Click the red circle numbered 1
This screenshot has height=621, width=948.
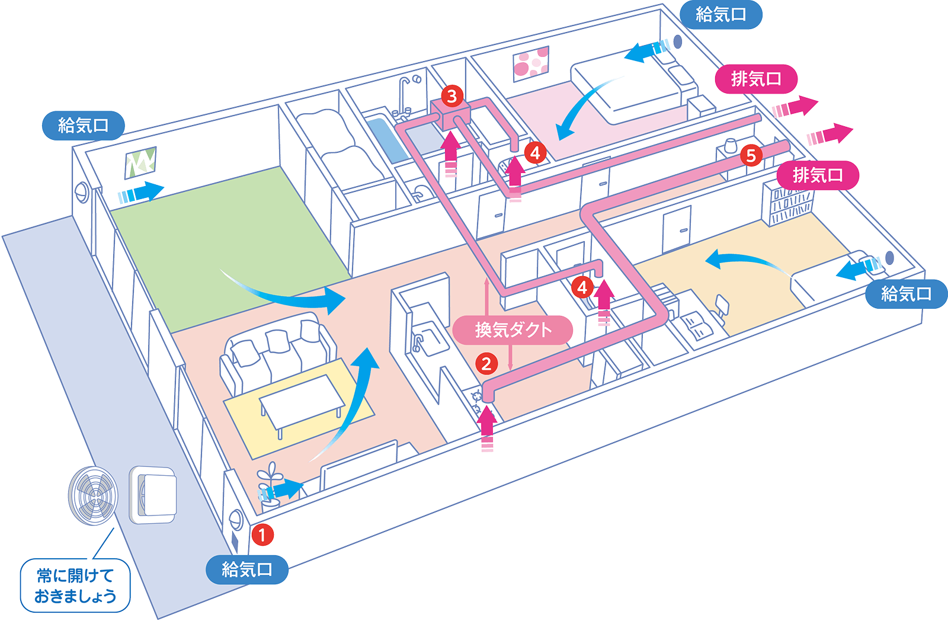point(262,534)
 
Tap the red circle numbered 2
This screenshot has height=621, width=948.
point(486,363)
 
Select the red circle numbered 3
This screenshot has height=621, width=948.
point(452,95)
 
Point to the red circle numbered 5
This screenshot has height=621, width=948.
point(751,155)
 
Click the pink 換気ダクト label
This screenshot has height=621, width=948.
point(513,329)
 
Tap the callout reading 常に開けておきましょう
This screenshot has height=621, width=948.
point(75,585)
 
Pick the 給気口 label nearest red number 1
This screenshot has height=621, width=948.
point(246,569)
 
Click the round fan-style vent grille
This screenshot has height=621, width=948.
point(93,495)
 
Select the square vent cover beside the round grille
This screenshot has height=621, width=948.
point(153,495)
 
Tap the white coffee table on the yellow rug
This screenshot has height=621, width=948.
point(302,398)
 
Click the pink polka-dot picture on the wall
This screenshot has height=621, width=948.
point(531,63)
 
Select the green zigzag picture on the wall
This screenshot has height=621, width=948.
point(140,162)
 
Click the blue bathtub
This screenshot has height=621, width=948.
point(385,137)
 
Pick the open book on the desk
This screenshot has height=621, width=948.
point(695,325)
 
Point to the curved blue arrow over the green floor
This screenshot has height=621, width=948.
point(284,293)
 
